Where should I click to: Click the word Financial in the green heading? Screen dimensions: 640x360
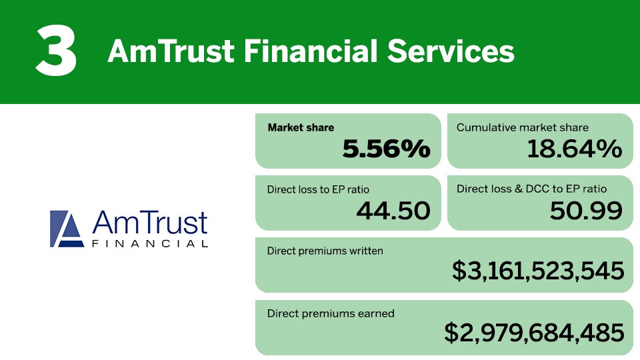310,51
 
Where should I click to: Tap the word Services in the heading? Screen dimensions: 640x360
451,51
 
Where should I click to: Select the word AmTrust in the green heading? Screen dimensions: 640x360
171,51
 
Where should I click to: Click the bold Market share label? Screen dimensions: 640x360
301,128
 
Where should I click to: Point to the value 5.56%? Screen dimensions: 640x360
386,148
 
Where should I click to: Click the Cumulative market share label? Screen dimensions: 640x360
523,128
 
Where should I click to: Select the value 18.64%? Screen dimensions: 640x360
575,148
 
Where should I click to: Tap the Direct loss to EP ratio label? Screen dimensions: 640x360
318,189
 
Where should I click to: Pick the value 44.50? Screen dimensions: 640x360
393,211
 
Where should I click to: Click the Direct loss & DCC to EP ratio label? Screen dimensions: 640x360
531,189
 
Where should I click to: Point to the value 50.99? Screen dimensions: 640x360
586,211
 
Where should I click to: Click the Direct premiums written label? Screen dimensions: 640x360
325,251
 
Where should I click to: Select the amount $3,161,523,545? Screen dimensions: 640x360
538,271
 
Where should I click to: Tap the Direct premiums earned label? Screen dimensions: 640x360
331,313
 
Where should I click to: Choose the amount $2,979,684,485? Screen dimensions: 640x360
534,332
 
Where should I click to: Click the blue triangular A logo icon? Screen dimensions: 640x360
67,229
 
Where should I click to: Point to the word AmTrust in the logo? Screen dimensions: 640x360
150,223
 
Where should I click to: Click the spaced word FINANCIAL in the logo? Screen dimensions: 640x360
150,244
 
